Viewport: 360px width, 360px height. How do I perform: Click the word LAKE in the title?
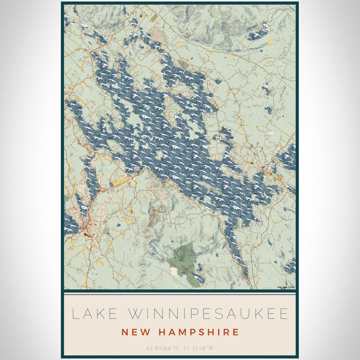click(89, 314)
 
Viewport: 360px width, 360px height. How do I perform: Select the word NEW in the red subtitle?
click(135, 332)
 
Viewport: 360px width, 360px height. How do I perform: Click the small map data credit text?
click(286, 287)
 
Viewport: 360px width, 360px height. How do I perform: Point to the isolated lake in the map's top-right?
click(258, 34)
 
